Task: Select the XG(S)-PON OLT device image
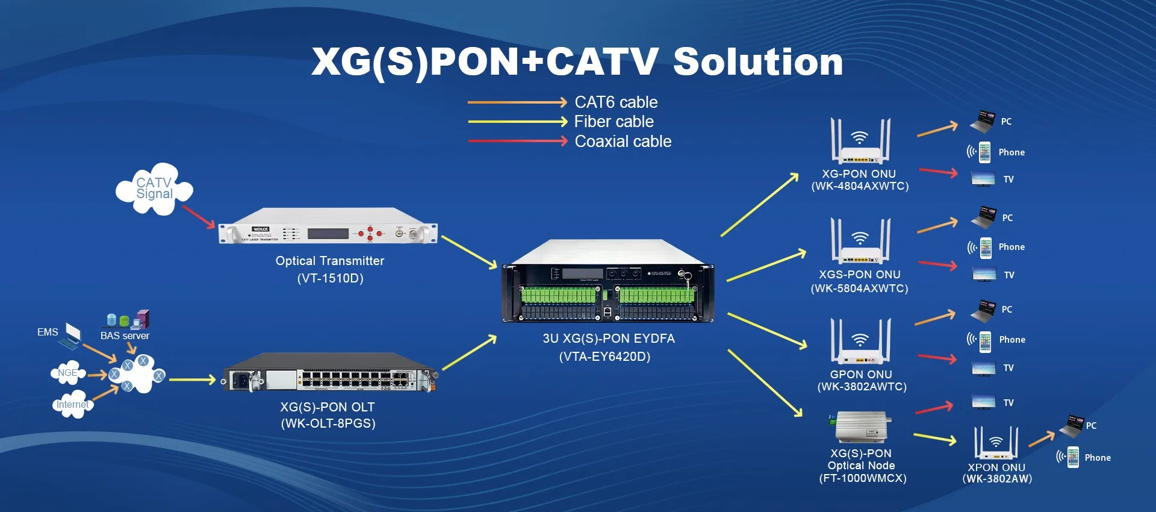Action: (x=329, y=373)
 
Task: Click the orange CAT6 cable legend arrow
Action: (x=517, y=102)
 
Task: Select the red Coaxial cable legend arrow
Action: (x=517, y=142)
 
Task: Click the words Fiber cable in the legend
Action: (x=614, y=122)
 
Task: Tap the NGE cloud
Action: (x=67, y=373)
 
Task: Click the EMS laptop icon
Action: (x=71, y=335)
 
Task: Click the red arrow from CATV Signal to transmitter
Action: (x=198, y=217)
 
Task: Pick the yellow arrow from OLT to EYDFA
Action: (x=470, y=353)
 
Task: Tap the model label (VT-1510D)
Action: (x=330, y=278)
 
